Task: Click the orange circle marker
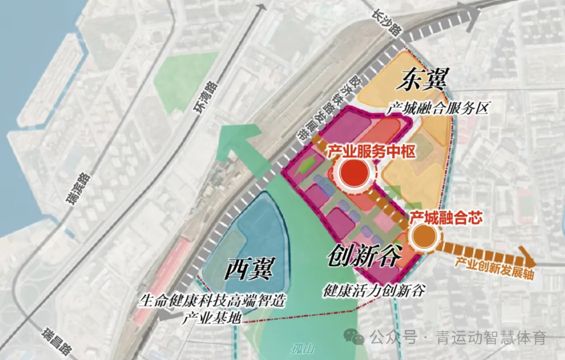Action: (423, 237)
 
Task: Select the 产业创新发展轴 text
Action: (494, 267)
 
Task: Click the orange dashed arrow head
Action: (528, 260)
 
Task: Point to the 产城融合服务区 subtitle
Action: (437, 109)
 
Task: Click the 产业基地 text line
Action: (208, 318)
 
